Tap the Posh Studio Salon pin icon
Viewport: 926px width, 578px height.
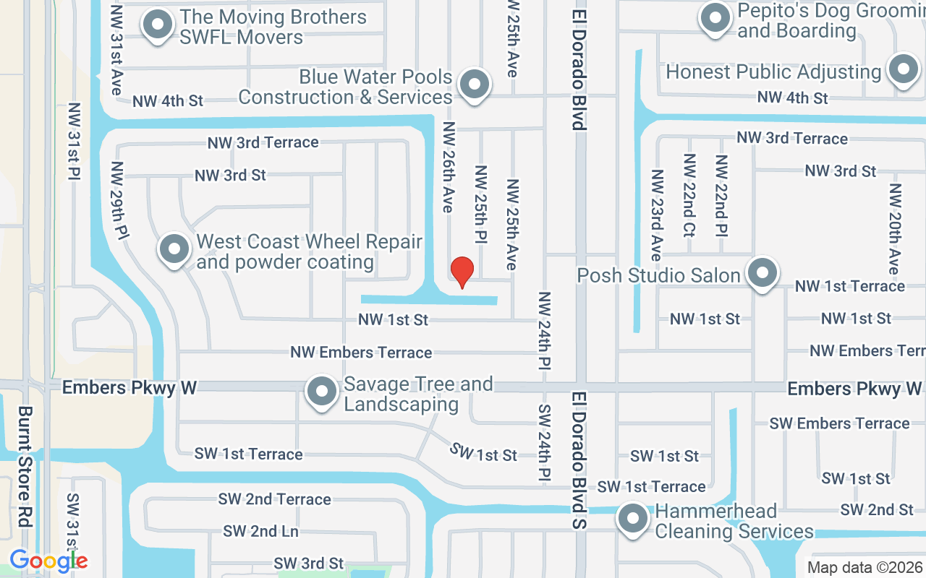point(762,274)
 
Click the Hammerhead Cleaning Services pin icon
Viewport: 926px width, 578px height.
point(633,518)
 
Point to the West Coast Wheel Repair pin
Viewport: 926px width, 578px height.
point(174,249)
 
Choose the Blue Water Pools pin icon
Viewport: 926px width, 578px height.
point(475,85)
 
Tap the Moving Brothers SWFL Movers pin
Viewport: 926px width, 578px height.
point(158,25)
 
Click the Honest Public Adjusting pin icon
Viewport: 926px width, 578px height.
point(903,69)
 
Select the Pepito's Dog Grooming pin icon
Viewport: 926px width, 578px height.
point(715,17)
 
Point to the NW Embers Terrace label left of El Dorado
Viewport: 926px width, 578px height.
point(361,353)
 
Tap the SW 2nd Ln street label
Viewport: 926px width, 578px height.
point(260,532)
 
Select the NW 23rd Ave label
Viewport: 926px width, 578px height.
point(656,215)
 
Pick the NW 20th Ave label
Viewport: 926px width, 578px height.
point(896,228)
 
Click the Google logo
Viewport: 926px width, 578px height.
point(48,560)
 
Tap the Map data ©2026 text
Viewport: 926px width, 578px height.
point(865,567)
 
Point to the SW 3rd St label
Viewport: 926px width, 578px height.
point(308,563)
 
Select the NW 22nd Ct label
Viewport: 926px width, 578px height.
point(689,195)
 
